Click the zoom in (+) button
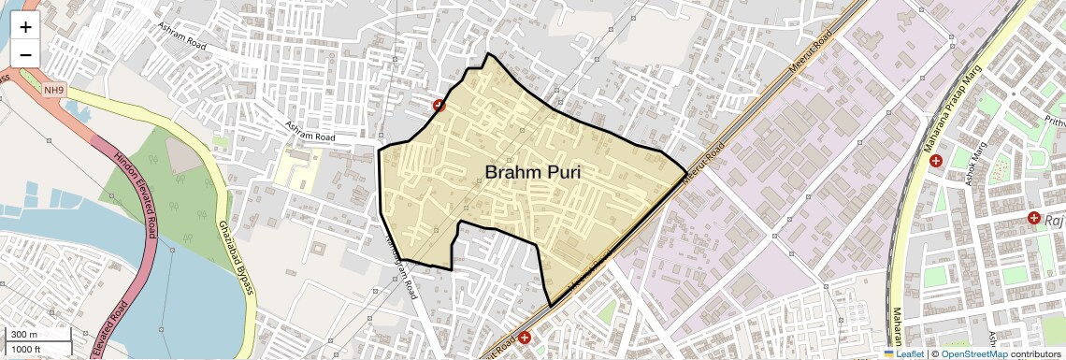click(25, 26)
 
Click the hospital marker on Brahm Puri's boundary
click(439, 107)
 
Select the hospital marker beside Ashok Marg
click(936, 162)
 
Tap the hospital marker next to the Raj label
click(1034, 218)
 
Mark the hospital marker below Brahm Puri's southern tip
click(525, 338)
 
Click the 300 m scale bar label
click(25, 335)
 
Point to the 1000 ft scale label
click(27, 349)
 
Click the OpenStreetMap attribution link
click(973, 353)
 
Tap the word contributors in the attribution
click(1036, 353)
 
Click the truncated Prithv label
click(1054, 122)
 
